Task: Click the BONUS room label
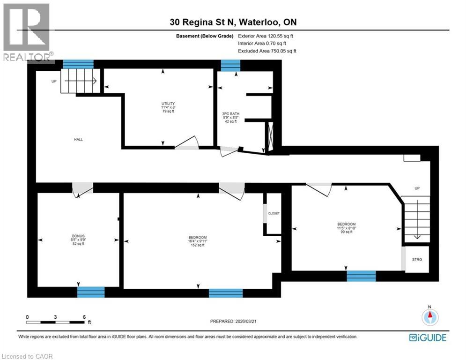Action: pyautogui.click(x=78, y=240)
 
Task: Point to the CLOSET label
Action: pyautogui.click(x=274, y=213)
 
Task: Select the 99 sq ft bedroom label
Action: pyautogui.click(x=347, y=227)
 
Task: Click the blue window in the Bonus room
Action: pyautogui.click(x=91, y=292)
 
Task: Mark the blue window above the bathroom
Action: pyautogui.click(x=230, y=66)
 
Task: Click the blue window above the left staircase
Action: pyautogui.click(x=78, y=64)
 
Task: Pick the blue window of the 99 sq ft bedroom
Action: pyautogui.click(x=361, y=276)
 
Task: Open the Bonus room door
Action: pyautogui.click(x=82, y=188)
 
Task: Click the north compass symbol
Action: pyautogui.click(x=429, y=318)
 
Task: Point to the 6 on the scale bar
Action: pyautogui.click(x=84, y=316)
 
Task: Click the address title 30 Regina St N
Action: pyautogui.click(x=233, y=22)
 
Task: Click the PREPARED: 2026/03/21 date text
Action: pyautogui.click(x=234, y=321)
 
